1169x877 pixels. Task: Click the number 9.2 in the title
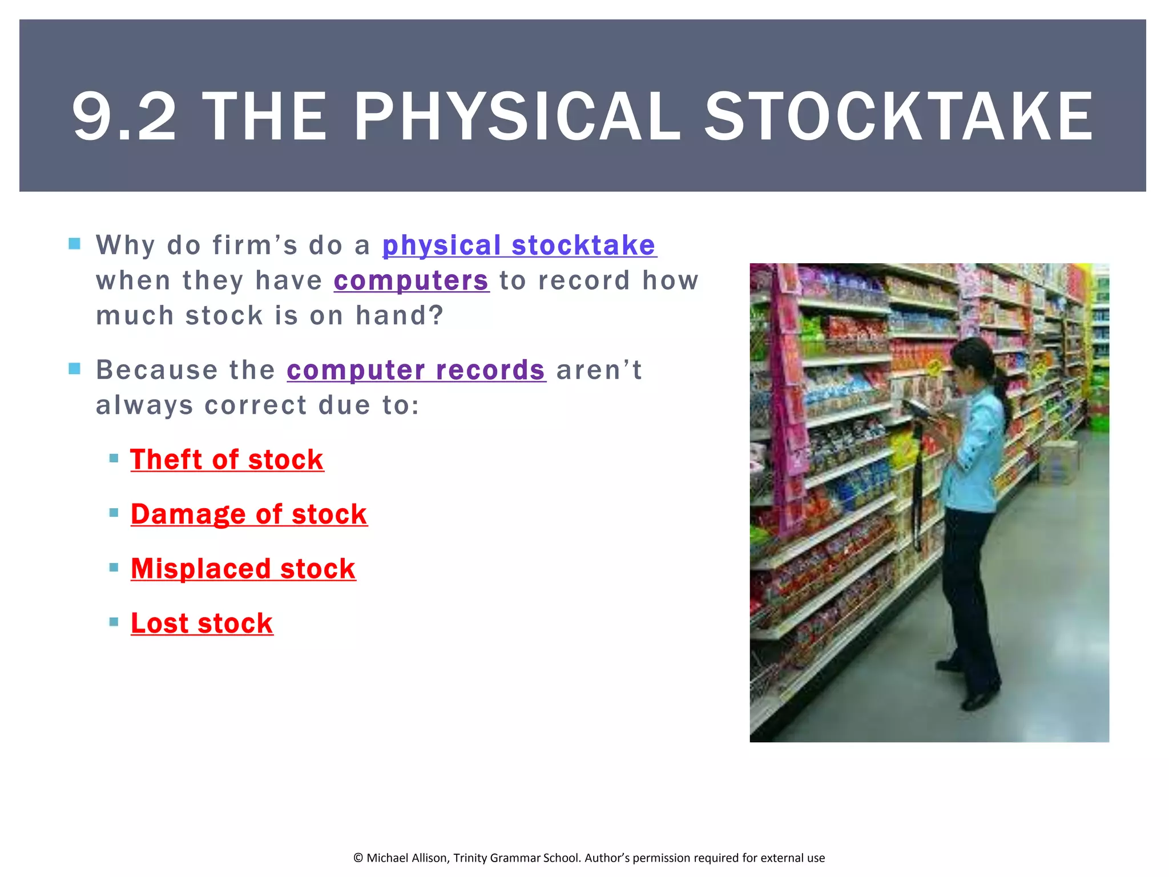coord(124,116)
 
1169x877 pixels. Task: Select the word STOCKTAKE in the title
coord(898,116)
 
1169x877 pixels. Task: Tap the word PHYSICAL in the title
coord(517,116)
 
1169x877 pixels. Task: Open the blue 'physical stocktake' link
coord(519,246)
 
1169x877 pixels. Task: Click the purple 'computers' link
coord(411,281)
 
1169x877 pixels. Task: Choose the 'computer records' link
coord(416,370)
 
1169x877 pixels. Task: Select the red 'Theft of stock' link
coord(227,460)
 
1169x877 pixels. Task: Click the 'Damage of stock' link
coord(249,514)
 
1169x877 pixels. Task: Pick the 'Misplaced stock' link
coord(243,569)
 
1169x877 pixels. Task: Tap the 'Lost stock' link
coord(201,623)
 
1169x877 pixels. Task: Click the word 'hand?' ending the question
coord(399,316)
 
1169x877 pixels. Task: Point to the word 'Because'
coord(157,370)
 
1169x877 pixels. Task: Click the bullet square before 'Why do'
coord(75,244)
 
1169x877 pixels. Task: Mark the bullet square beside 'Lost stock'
coord(114,622)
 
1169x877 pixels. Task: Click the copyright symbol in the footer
coord(358,858)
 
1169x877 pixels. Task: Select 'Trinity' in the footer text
coord(470,858)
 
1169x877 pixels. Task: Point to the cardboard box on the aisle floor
coord(1057,461)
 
